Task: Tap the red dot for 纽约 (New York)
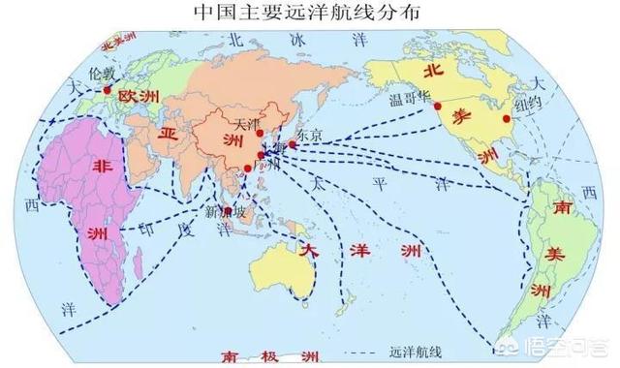(x=507, y=118)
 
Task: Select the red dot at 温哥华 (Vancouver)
(x=438, y=105)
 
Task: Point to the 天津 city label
(x=249, y=123)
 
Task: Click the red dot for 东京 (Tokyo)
(x=293, y=144)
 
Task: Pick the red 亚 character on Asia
(x=169, y=135)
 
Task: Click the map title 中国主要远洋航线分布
(x=306, y=15)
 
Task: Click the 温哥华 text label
(x=407, y=99)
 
